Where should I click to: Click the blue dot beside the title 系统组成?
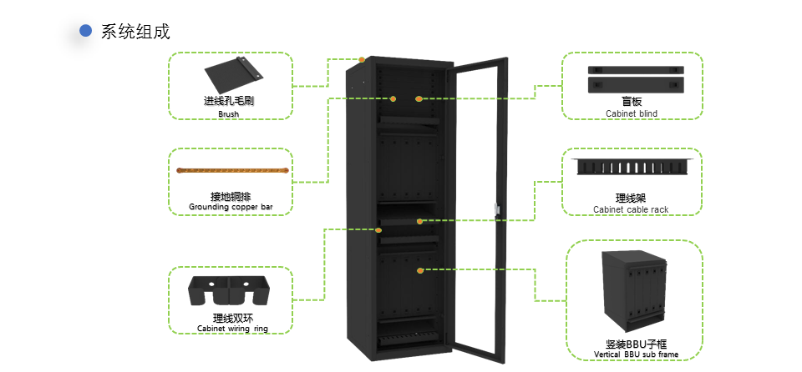(x=85, y=31)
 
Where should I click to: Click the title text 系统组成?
(x=135, y=32)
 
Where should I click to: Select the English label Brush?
(x=229, y=114)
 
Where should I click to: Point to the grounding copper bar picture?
(x=232, y=172)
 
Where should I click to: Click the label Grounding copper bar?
(x=231, y=206)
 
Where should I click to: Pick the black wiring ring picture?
(x=229, y=292)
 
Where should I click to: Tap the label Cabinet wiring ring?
(x=231, y=329)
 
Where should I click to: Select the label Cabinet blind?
(x=632, y=113)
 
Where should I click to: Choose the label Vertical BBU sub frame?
(x=636, y=354)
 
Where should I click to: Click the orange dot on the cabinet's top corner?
(x=362, y=59)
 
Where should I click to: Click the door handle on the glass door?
(x=496, y=211)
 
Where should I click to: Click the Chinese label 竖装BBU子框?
(x=636, y=344)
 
